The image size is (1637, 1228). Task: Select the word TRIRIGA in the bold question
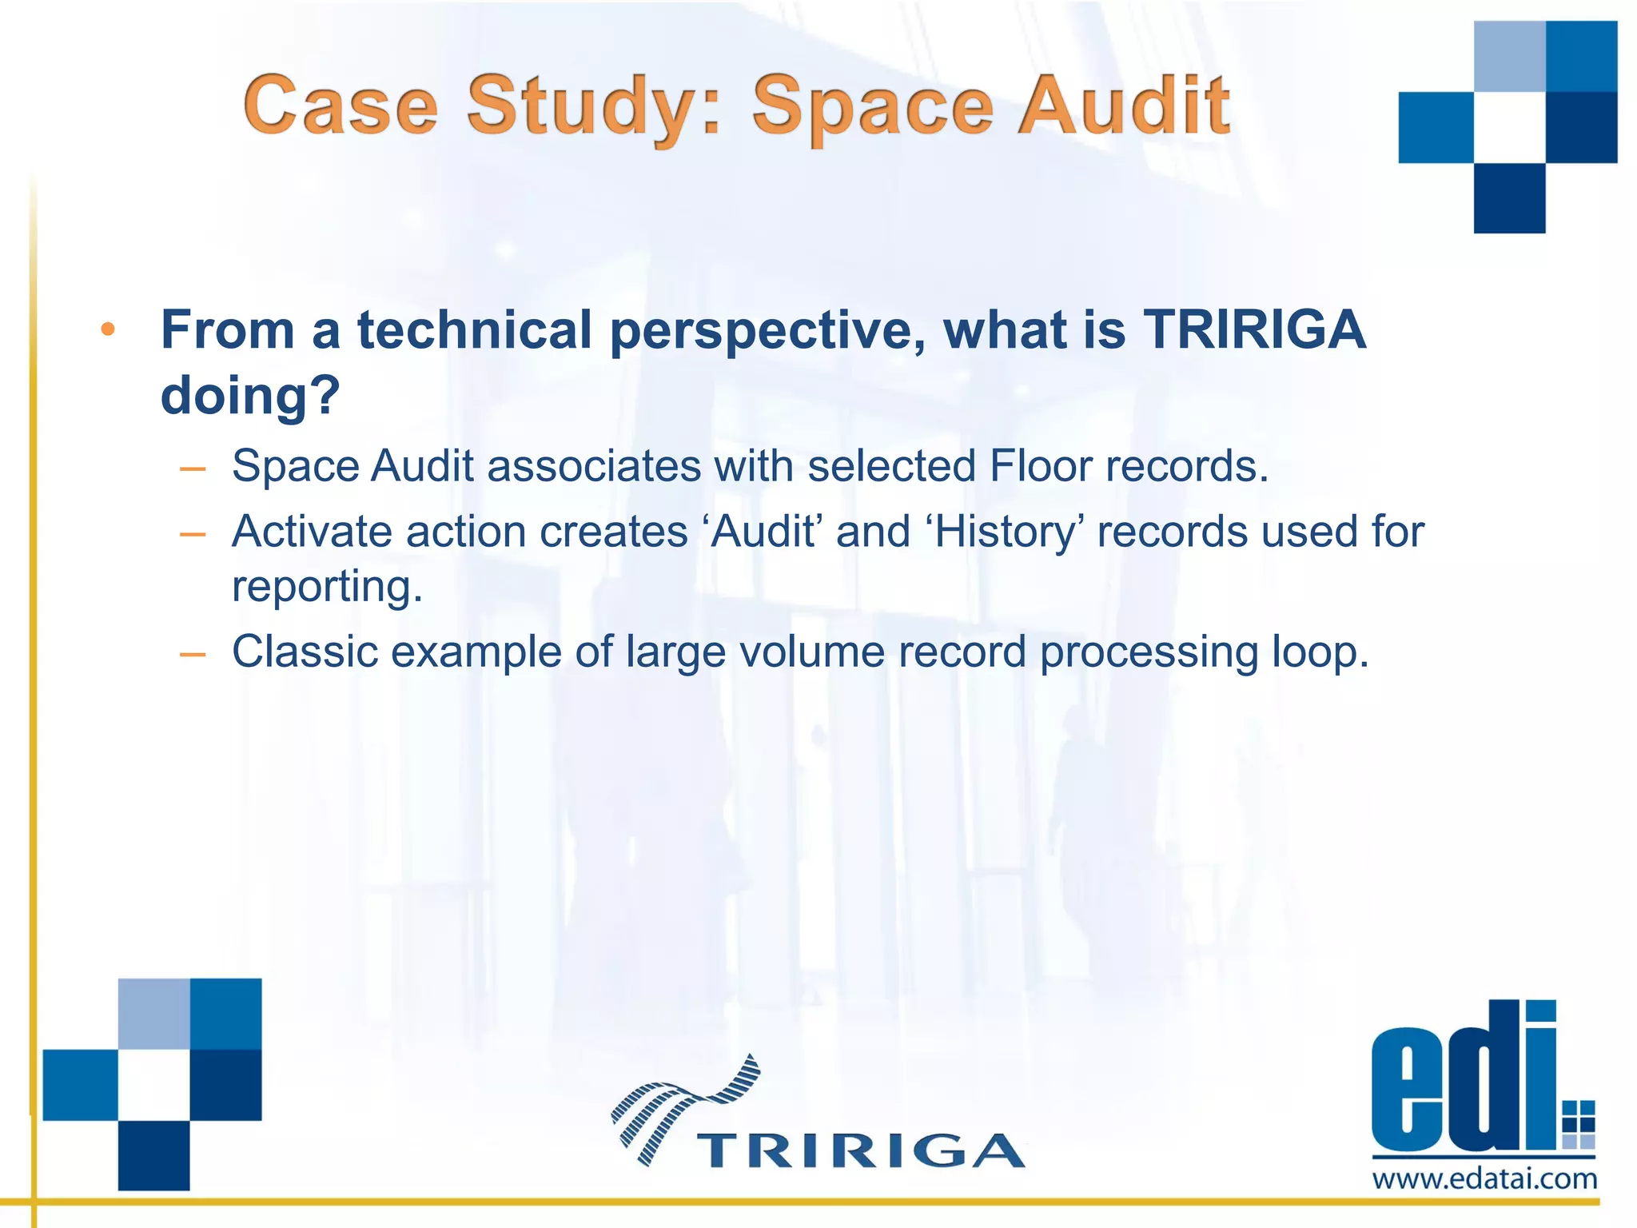1254,329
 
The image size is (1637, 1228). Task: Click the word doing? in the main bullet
250,395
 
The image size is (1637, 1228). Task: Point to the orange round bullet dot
109,329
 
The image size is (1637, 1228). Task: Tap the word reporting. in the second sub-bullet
327,586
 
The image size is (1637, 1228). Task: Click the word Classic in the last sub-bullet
305,652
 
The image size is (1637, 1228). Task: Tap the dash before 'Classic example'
193,655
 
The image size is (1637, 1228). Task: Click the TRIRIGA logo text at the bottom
860,1150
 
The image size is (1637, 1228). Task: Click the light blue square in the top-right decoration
1509,56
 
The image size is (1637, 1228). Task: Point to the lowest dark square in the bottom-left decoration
153,1155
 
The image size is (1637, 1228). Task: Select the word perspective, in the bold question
767,329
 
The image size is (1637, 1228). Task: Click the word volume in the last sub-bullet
811,652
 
